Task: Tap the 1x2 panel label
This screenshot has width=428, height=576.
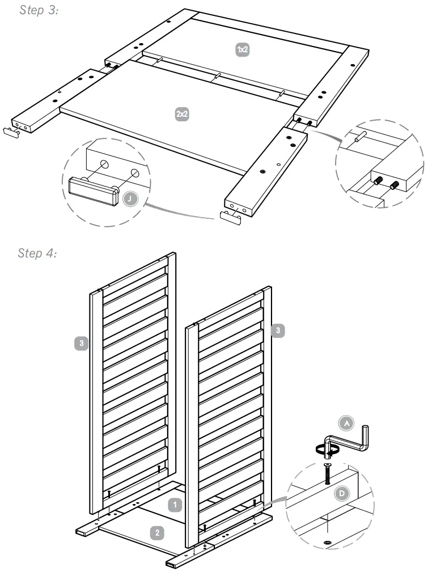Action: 242,50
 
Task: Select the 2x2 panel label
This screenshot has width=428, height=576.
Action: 181,113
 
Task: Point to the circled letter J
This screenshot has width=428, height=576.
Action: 132,200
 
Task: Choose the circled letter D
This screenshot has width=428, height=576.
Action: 342,493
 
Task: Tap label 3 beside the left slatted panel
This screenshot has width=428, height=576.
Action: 82,342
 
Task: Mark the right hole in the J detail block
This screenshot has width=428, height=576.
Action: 134,172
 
